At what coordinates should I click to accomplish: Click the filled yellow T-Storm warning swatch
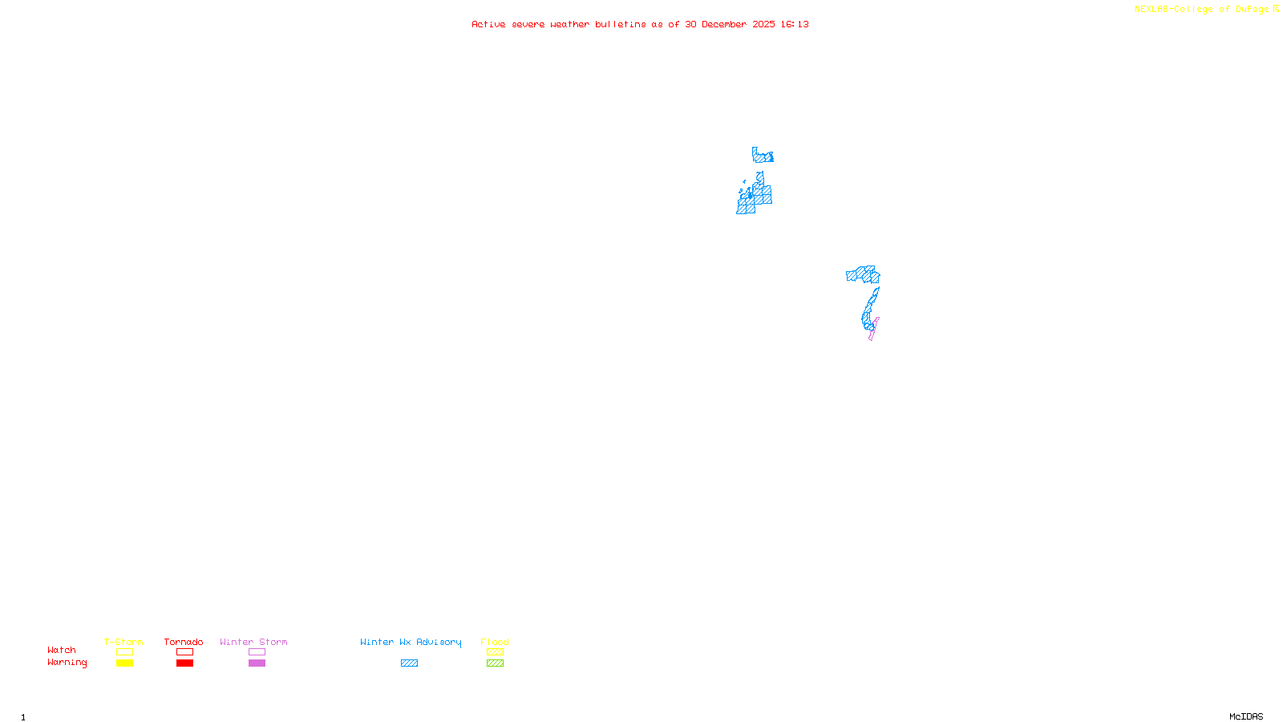click(124, 663)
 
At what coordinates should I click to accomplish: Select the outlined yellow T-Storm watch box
click(124, 652)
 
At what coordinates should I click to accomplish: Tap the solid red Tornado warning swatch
click(184, 663)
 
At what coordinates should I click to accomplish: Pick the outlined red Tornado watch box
click(184, 652)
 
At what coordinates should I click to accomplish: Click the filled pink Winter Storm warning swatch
click(257, 663)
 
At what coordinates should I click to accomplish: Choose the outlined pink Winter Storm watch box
click(257, 652)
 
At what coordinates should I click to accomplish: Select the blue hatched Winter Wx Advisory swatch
click(409, 663)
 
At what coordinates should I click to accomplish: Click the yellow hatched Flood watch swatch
click(495, 652)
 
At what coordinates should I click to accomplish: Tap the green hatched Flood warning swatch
click(495, 663)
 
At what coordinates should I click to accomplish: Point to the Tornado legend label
click(184, 642)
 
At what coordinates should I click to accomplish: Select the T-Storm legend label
click(123, 642)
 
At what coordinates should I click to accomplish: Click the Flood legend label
click(495, 642)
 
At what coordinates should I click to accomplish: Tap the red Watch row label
click(62, 650)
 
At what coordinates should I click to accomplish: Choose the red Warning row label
click(67, 663)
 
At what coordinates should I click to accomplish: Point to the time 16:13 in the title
click(795, 24)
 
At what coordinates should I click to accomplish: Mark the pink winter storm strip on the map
click(873, 330)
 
